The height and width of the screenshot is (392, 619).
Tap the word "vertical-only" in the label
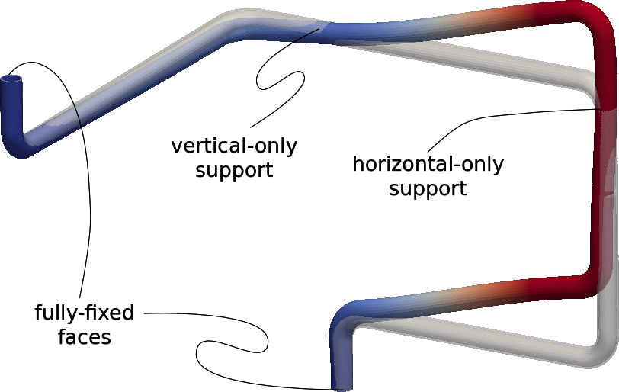pyautogui.click(x=233, y=145)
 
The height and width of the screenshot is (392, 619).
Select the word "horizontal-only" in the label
pyautogui.click(x=428, y=164)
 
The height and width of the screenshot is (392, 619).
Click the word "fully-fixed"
pyautogui.click(x=84, y=313)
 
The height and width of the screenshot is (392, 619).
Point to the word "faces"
pyautogui.click(x=84, y=337)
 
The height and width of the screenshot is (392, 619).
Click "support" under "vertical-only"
pyautogui.click(x=233, y=169)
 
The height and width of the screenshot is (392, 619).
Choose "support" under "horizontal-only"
pyautogui.click(x=428, y=188)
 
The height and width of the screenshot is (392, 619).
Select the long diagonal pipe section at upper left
pyautogui.click(x=130, y=84)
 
